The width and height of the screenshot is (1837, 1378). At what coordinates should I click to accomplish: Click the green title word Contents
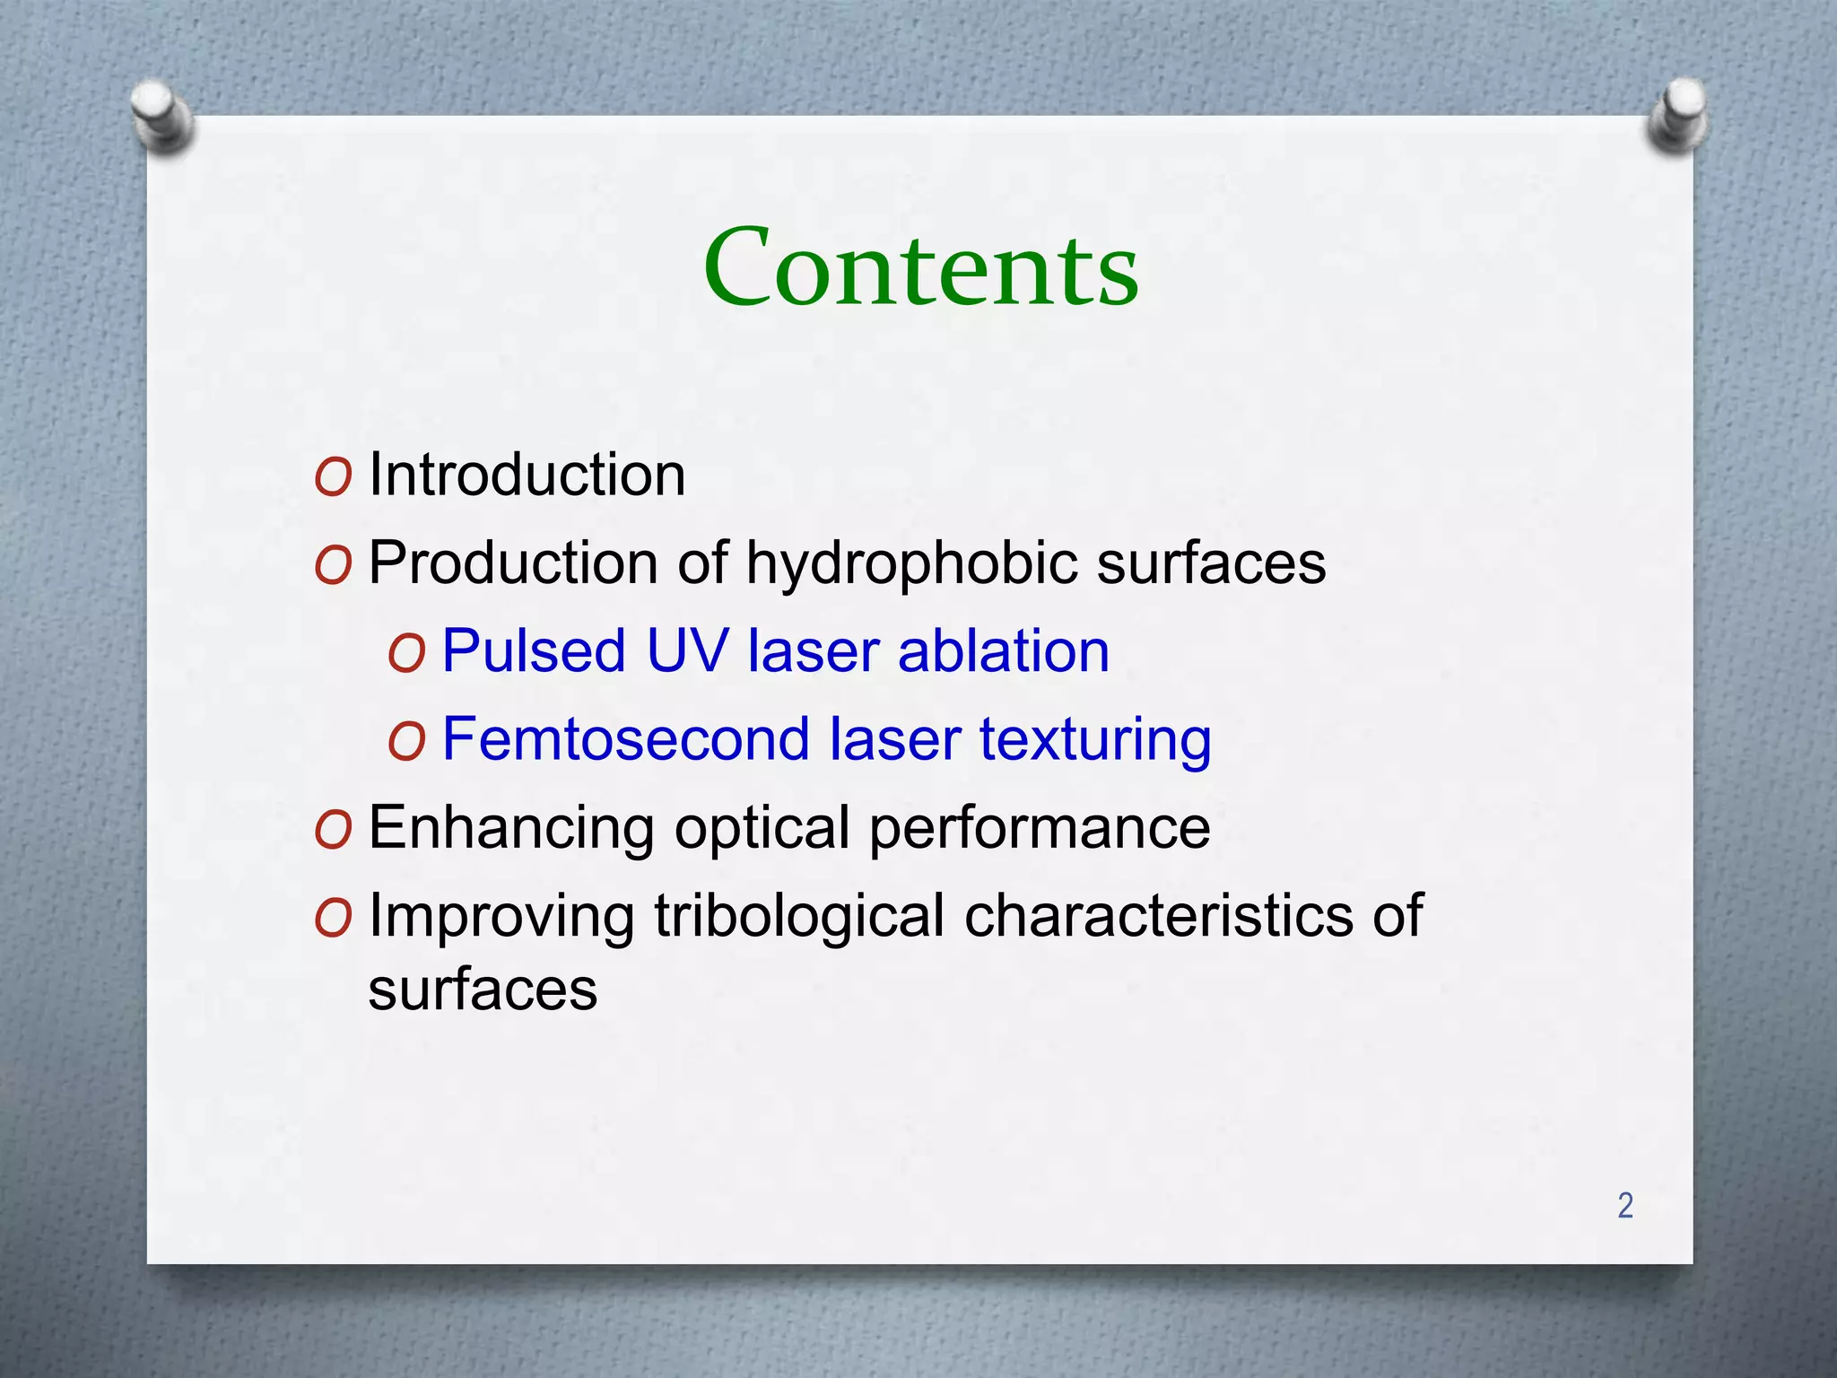[920, 267]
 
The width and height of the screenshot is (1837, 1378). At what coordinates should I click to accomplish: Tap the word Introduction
[527, 475]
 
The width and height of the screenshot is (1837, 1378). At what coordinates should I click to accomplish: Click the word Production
[514, 563]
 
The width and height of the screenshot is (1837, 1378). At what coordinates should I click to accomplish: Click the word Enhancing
[511, 828]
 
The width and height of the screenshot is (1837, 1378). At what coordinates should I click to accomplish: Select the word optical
[762, 828]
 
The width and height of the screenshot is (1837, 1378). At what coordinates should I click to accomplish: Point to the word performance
[1040, 828]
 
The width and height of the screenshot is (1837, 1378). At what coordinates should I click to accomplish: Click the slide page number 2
[1624, 1205]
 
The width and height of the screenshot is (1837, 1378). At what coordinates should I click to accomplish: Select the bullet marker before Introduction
[333, 478]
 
